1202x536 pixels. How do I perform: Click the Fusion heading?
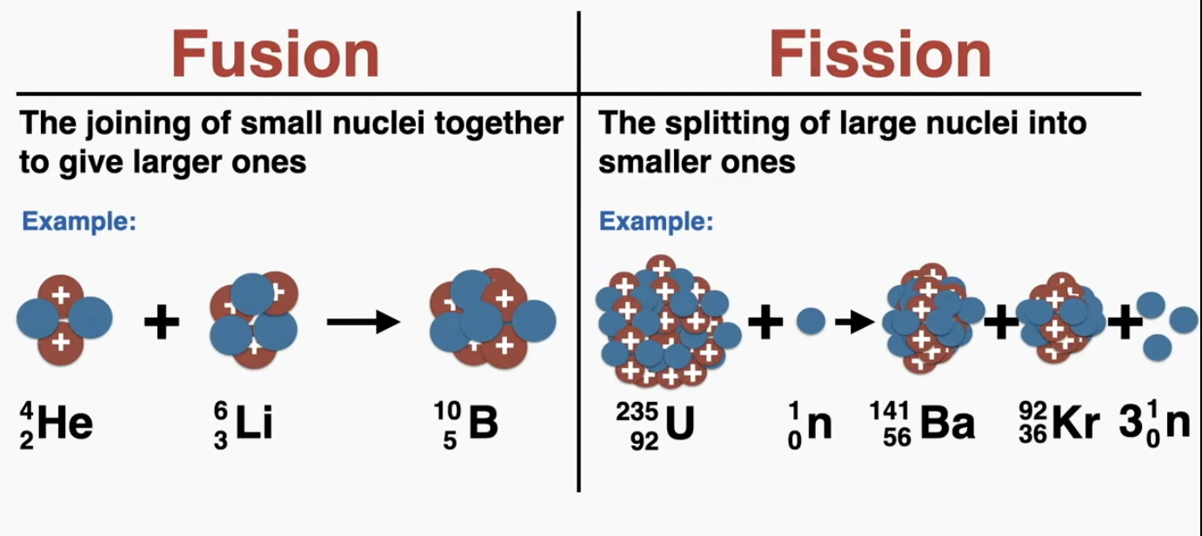pos(277,54)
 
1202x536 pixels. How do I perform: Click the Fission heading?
pos(879,54)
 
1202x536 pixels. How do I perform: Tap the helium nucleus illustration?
pos(63,319)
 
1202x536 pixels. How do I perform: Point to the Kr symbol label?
pos(1074,425)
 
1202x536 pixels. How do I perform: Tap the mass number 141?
pos(890,412)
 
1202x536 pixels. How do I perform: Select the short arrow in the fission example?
pos(855,323)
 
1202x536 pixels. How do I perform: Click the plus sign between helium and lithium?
pos(162,324)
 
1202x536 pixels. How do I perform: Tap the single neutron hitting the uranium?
pos(811,321)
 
